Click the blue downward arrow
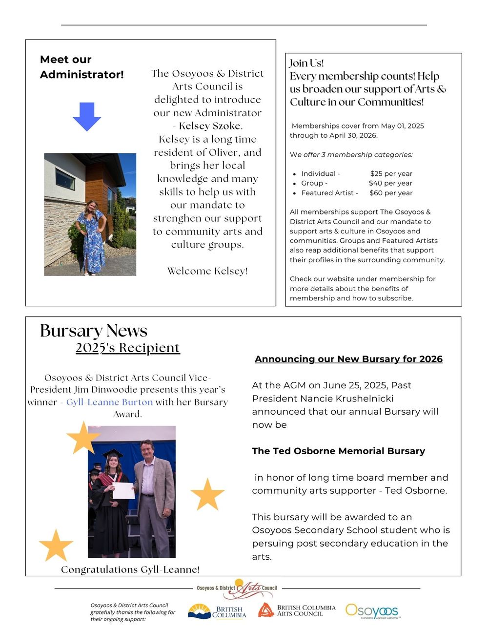point(87,116)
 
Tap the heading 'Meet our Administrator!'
point(81,67)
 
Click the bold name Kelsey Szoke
point(210,126)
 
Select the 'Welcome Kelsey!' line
point(207,271)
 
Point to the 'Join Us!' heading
point(306,63)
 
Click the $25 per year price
point(391,174)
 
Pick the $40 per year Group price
point(390,183)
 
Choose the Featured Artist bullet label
point(329,193)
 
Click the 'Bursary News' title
point(94,331)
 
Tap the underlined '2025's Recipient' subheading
point(128,348)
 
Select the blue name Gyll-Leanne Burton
point(109,402)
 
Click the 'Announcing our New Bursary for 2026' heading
point(348,359)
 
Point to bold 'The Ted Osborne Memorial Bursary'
point(338,451)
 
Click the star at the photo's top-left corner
point(83,438)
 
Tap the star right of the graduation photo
point(207,494)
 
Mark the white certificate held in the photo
point(123,490)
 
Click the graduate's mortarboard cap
point(113,453)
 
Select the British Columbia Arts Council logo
point(297,611)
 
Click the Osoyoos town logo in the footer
point(372,611)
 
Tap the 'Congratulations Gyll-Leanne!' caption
point(130,569)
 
